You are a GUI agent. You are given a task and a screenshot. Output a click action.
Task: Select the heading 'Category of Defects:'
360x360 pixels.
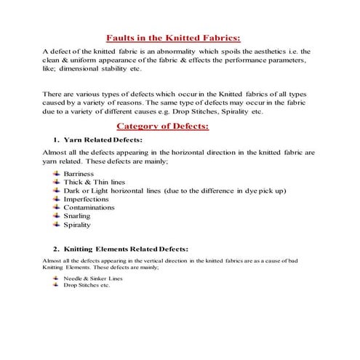(173, 126)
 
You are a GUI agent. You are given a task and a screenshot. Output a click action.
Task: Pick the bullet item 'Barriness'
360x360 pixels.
(79, 175)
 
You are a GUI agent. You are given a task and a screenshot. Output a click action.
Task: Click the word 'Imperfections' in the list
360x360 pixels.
(87, 199)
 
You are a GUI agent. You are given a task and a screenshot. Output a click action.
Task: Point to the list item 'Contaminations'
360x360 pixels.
(89, 207)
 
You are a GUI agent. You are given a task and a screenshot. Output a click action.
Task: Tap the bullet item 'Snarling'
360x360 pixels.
(78, 216)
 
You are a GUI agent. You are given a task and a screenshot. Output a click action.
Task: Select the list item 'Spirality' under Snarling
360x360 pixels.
(79, 225)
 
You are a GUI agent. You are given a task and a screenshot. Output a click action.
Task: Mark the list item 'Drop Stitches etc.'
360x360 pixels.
(87, 285)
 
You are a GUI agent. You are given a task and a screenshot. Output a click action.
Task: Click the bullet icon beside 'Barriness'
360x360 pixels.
(57, 175)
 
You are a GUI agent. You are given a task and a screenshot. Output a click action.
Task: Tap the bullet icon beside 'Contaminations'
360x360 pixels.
(57, 207)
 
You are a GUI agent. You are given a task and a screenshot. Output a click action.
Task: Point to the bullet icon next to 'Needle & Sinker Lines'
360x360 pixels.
(57, 278)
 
